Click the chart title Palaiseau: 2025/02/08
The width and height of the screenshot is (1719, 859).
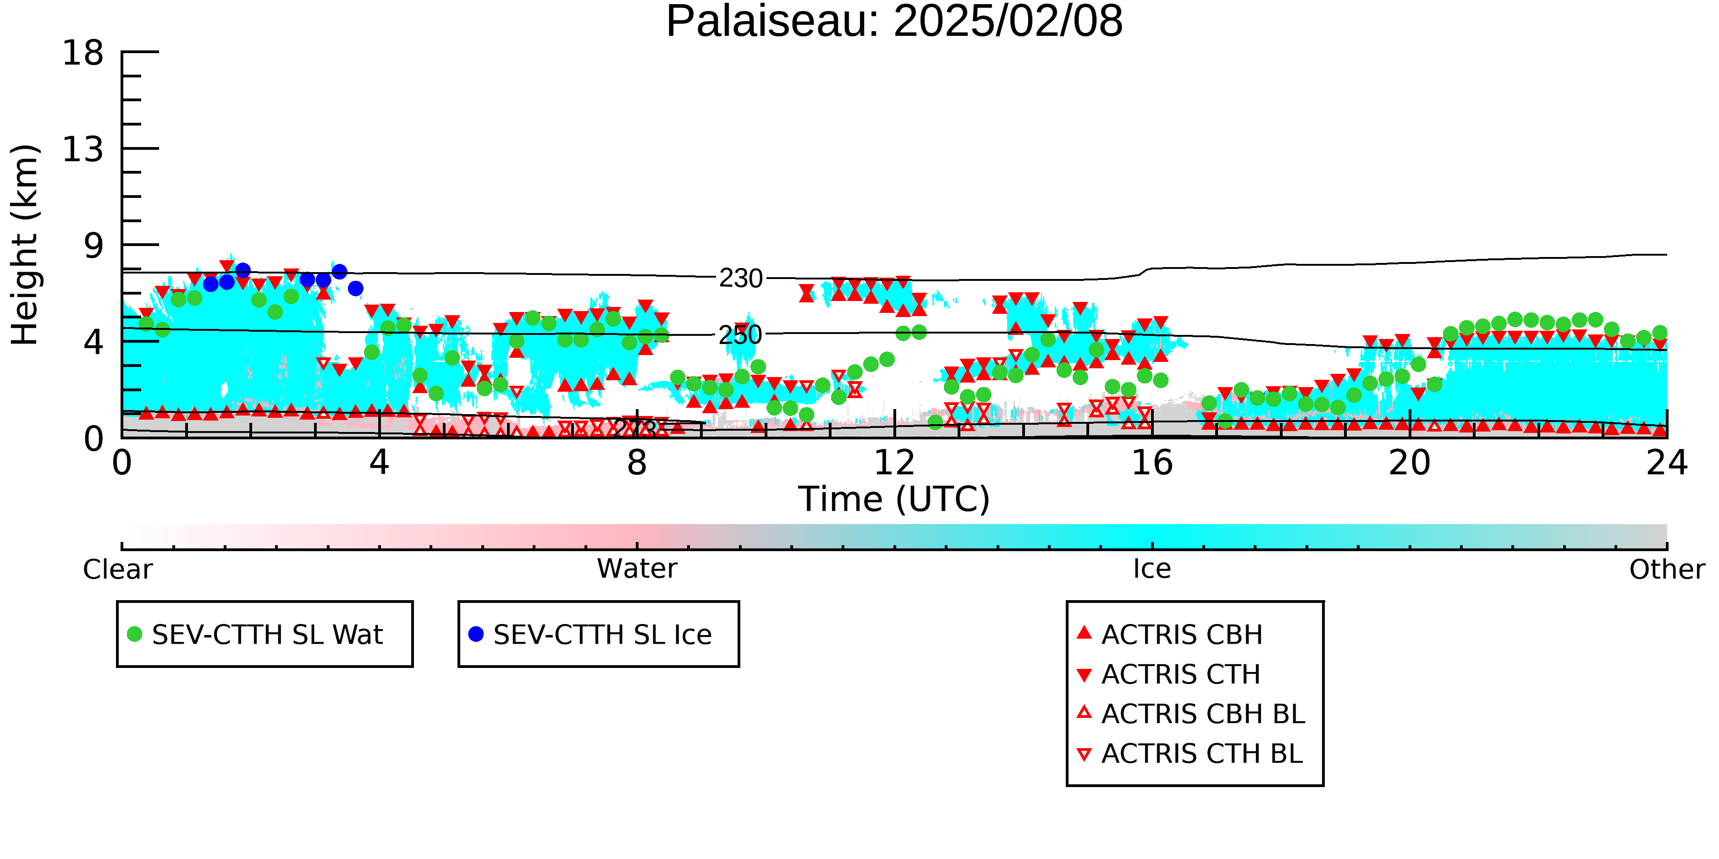point(894,22)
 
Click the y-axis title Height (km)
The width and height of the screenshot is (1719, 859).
point(25,245)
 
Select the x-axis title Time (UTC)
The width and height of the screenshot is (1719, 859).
point(894,499)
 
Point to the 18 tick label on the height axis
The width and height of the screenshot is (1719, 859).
point(83,53)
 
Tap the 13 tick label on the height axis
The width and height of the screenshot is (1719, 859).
point(83,149)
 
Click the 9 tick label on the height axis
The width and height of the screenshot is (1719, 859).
point(94,246)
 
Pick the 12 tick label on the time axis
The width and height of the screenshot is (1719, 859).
point(894,463)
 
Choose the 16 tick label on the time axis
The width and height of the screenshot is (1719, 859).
point(1152,463)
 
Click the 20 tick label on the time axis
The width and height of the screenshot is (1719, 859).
point(1410,463)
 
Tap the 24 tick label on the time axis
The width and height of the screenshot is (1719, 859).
point(1667,463)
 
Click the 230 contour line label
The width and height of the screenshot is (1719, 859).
point(741,278)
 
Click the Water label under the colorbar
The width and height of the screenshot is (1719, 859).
point(637,569)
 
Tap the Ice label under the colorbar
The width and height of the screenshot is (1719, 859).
point(1152,569)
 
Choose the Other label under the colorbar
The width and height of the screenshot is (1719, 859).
point(1667,569)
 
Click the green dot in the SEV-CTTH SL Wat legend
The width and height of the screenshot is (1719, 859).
point(135,634)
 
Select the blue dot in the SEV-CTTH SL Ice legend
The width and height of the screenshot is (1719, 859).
point(476,634)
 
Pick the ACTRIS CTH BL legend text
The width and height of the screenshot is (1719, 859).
point(1202,754)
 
